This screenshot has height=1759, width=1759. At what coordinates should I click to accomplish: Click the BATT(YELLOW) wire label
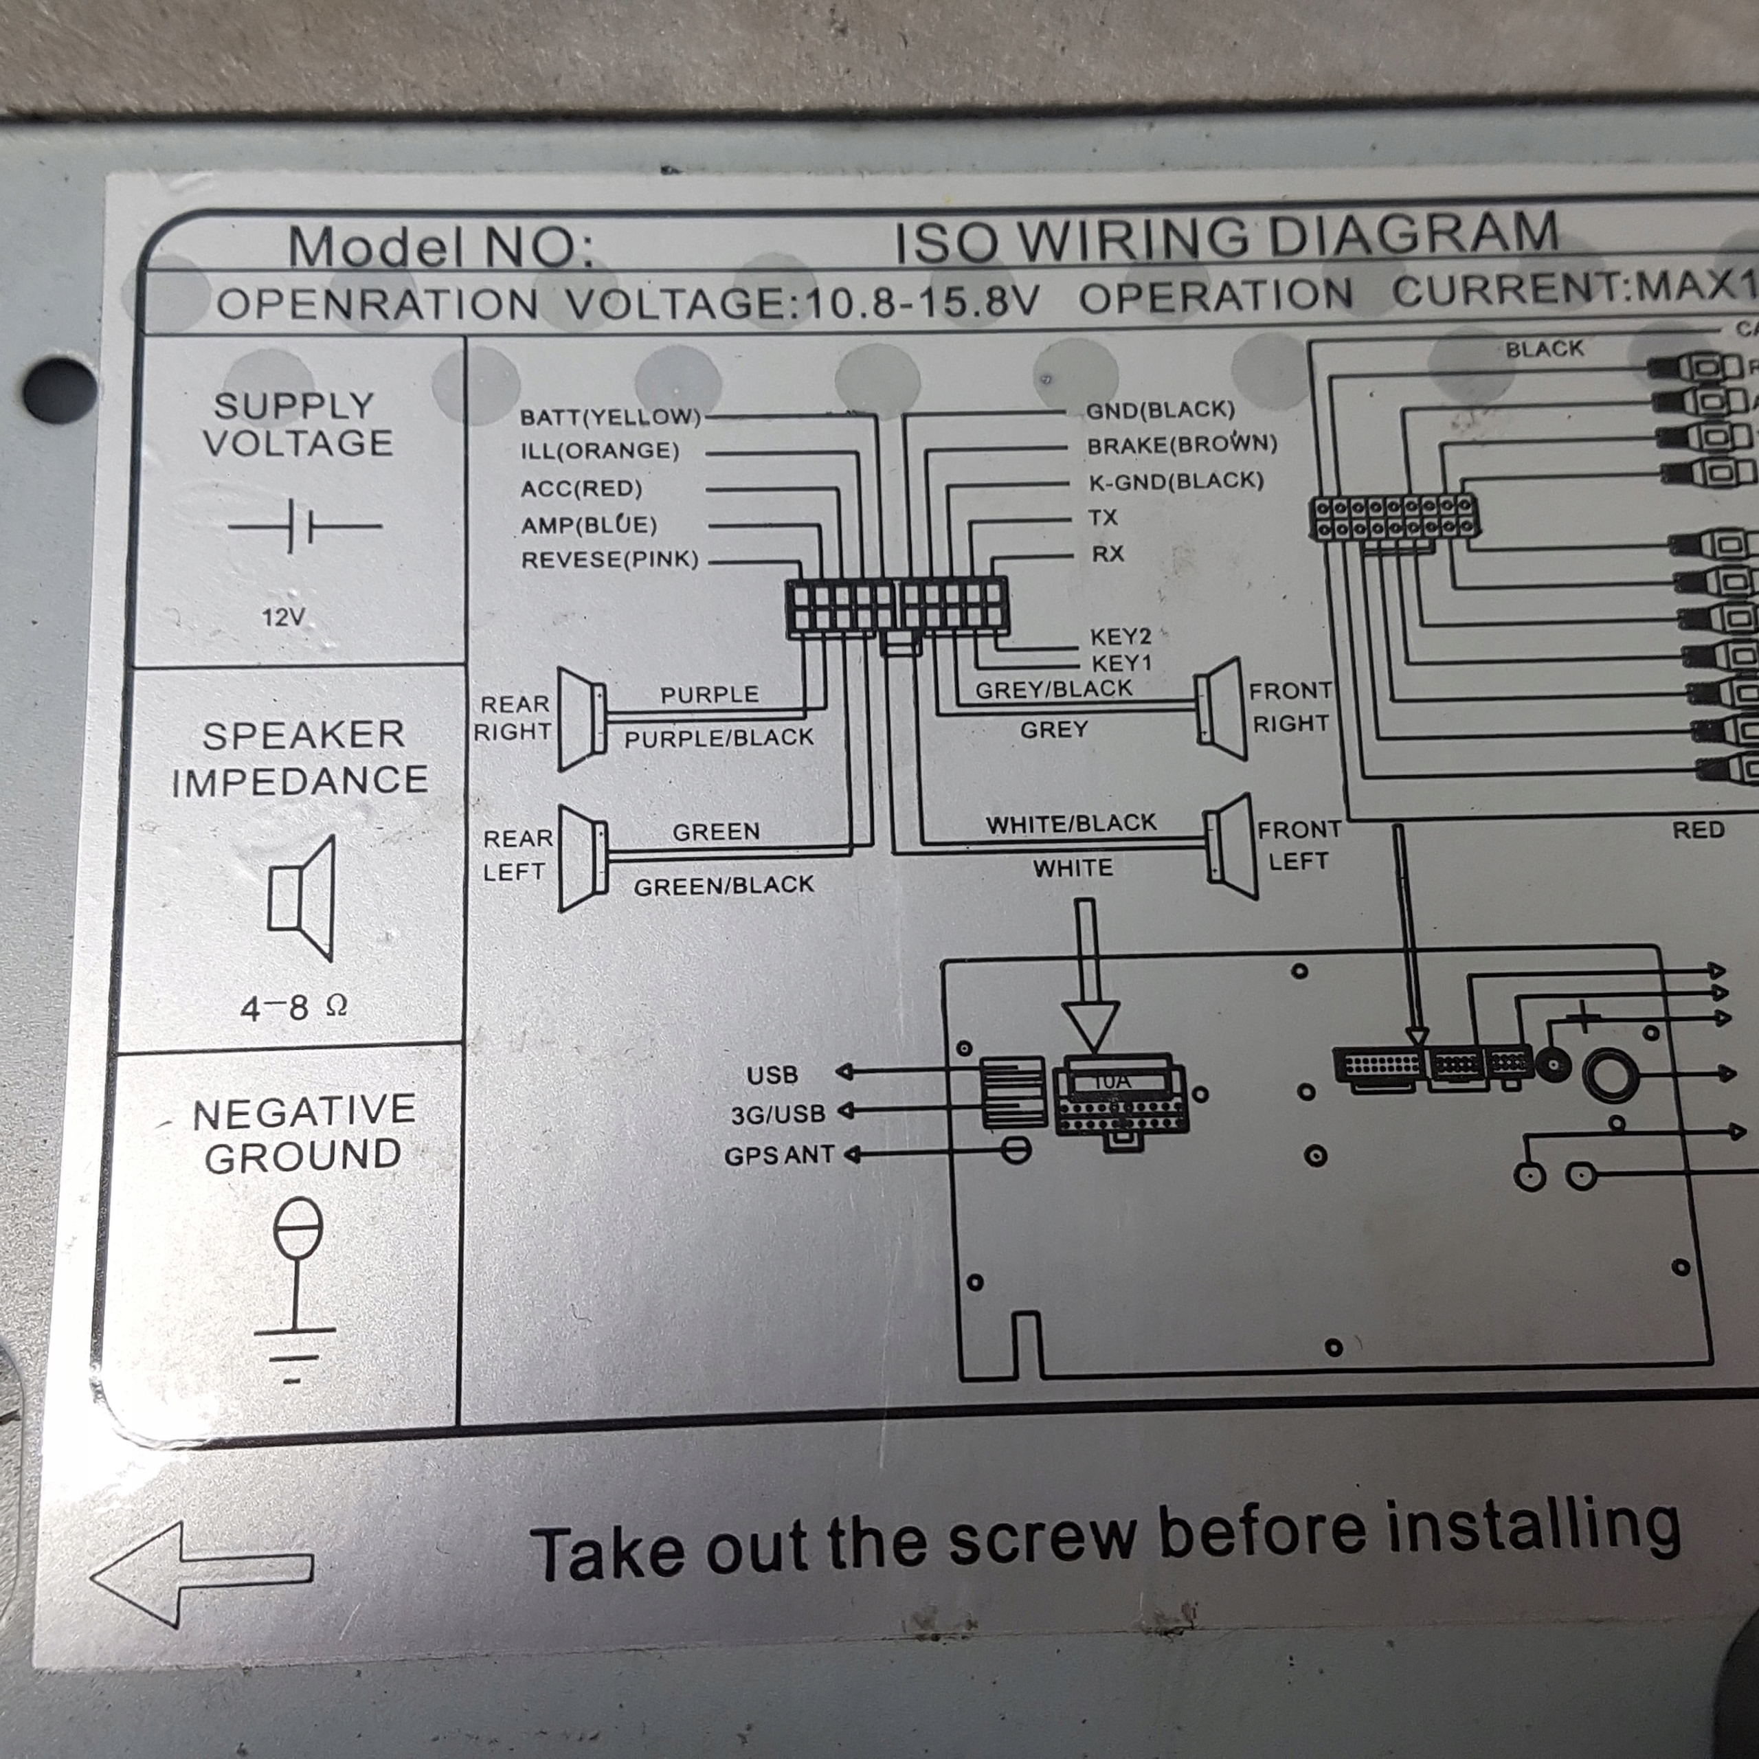pyautogui.click(x=610, y=417)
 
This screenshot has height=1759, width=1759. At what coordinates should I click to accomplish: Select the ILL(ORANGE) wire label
pyautogui.click(x=599, y=451)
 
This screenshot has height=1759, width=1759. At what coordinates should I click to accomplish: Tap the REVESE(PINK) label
pyautogui.click(x=609, y=559)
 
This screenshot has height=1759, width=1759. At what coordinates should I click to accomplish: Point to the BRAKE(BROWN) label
pyautogui.click(x=1182, y=445)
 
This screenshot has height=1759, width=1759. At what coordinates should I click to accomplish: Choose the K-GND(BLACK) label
pyautogui.click(x=1176, y=481)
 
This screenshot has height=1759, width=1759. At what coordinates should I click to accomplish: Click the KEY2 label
pyautogui.click(x=1120, y=636)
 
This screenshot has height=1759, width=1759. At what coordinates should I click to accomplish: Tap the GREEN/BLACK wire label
pyautogui.click(x=724, y=885)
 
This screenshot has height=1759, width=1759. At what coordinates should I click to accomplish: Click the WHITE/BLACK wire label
pyautogui.click(x=1071, y=824)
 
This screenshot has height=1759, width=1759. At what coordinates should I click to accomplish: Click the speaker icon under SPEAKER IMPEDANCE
pyautogui.click(x=302, y=897)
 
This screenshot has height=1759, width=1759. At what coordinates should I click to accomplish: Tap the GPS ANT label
pyautogui.click(x=778, y=1155)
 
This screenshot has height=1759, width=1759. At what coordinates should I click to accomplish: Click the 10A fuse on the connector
pyautogui.click(x=1112, y=1082)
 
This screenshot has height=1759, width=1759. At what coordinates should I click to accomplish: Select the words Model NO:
pyautogui.click(x=440, y=247)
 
